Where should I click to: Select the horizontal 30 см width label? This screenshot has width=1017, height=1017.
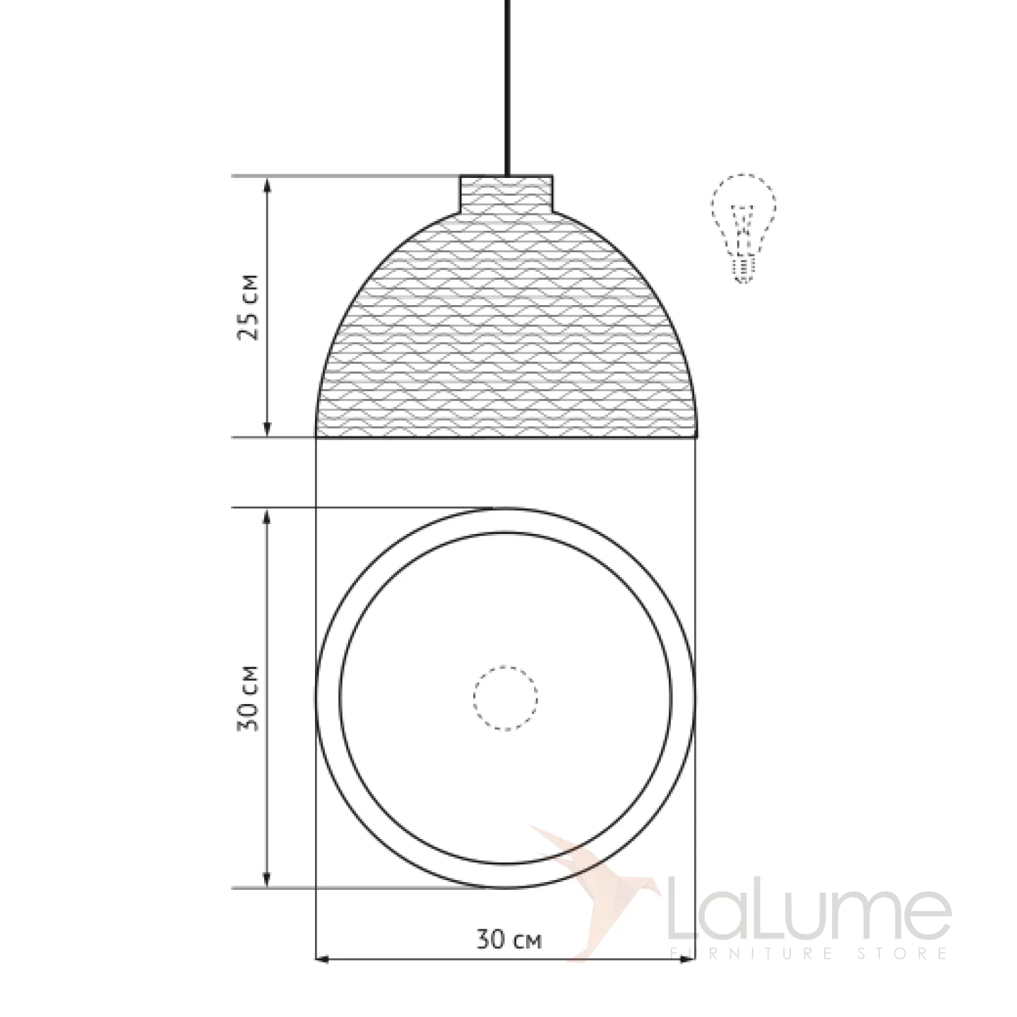pyautogui.click(x=509, y=940)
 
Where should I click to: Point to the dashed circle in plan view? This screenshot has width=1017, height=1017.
pyautogui.click(x=506, y=698)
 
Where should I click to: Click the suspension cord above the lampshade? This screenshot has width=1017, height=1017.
pyautogui.click(x=507, y=88)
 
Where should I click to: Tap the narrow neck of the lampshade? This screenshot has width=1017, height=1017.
pyautogui.click(x=506, y=194)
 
